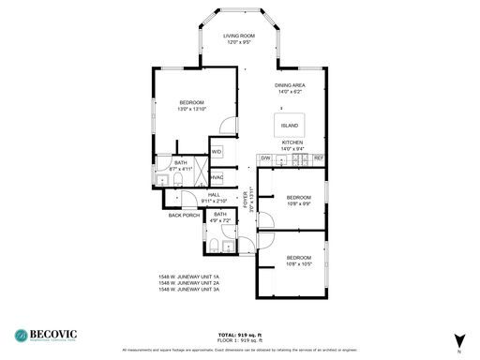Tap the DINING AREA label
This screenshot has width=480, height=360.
(290, 84)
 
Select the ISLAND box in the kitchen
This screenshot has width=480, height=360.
(290, 125)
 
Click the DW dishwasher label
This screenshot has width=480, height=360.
(266, 157)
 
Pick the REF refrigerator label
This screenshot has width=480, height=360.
(318, 157)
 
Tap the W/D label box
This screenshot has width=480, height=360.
(217, 151)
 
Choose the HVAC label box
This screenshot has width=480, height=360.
(217, 177)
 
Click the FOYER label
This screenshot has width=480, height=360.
(246, 199)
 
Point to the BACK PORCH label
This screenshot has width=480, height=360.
(183, 216)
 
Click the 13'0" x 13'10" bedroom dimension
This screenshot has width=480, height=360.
(191, 109)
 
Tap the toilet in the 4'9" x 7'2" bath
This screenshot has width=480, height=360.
(214, 247)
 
